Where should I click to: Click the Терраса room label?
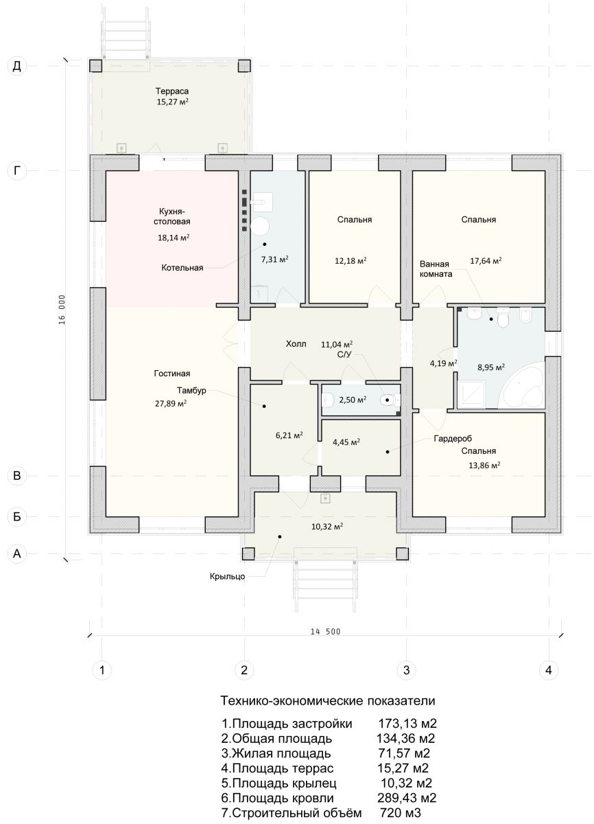point(172,91)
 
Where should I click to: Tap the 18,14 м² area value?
point(174,238)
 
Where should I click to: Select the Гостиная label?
point(172,374)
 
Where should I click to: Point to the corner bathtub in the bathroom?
point(521,386)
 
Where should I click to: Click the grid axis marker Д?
point(17,66)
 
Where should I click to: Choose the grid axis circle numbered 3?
point(406,669)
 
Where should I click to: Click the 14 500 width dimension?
point(326,632)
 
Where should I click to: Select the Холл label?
point(296,344)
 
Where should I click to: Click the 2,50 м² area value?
point(353,400)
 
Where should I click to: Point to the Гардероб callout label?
point(453,439)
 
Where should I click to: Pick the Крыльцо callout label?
point(228,576)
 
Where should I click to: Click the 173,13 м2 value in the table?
point(407,724)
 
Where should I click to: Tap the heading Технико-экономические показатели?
point(328,700)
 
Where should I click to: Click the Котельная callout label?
point(182,268)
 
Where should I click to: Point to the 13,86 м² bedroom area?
point(484,465)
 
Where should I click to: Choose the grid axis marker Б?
point(17,516)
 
